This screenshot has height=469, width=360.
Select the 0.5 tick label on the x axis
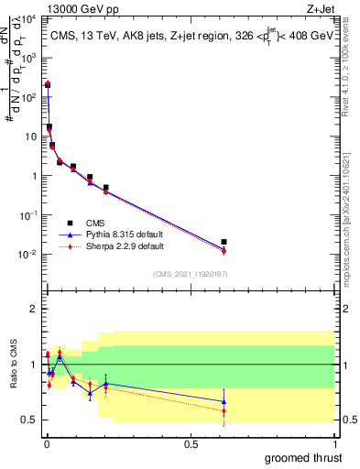190,444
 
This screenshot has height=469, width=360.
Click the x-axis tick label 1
335,444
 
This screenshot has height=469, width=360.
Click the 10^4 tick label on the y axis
29,19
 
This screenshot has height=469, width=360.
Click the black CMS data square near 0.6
224,242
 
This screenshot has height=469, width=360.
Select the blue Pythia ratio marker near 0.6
224,401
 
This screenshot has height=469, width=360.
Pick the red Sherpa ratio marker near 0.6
224,411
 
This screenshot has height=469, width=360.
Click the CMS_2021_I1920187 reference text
190,274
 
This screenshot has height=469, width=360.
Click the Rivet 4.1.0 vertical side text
352,60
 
